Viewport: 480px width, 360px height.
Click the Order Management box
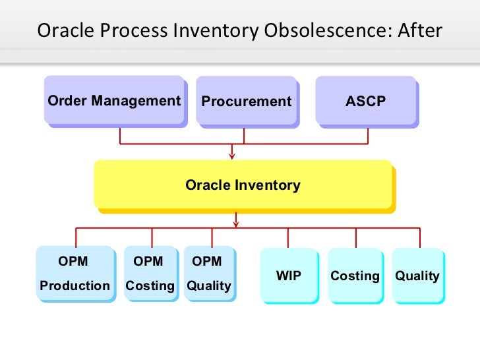pyautogui.click(x=113, y=100)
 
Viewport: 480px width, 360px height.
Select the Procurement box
pyautogui.click(x=246, y=101)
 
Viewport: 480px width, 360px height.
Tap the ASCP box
pyautogui.click(x=365, y=101)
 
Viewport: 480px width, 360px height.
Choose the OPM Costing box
pyautogui.click(x=150, y=274)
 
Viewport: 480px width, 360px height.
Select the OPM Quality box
pyautogui.click(x=208, y=274)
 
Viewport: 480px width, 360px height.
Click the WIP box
pyautogui.click(x=288, y=276)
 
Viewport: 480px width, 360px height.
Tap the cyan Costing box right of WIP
pyautogui.click(x=355, y=276)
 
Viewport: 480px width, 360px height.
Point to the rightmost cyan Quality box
pyautogui.click(x=417, y=276)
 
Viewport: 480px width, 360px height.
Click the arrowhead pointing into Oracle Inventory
pyautogui.click(x=231, y=156)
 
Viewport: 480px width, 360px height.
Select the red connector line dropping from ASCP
pyautogui.click(x=368, y=135)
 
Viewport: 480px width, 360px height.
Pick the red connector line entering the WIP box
pyautogui.click(x=288, y=239)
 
